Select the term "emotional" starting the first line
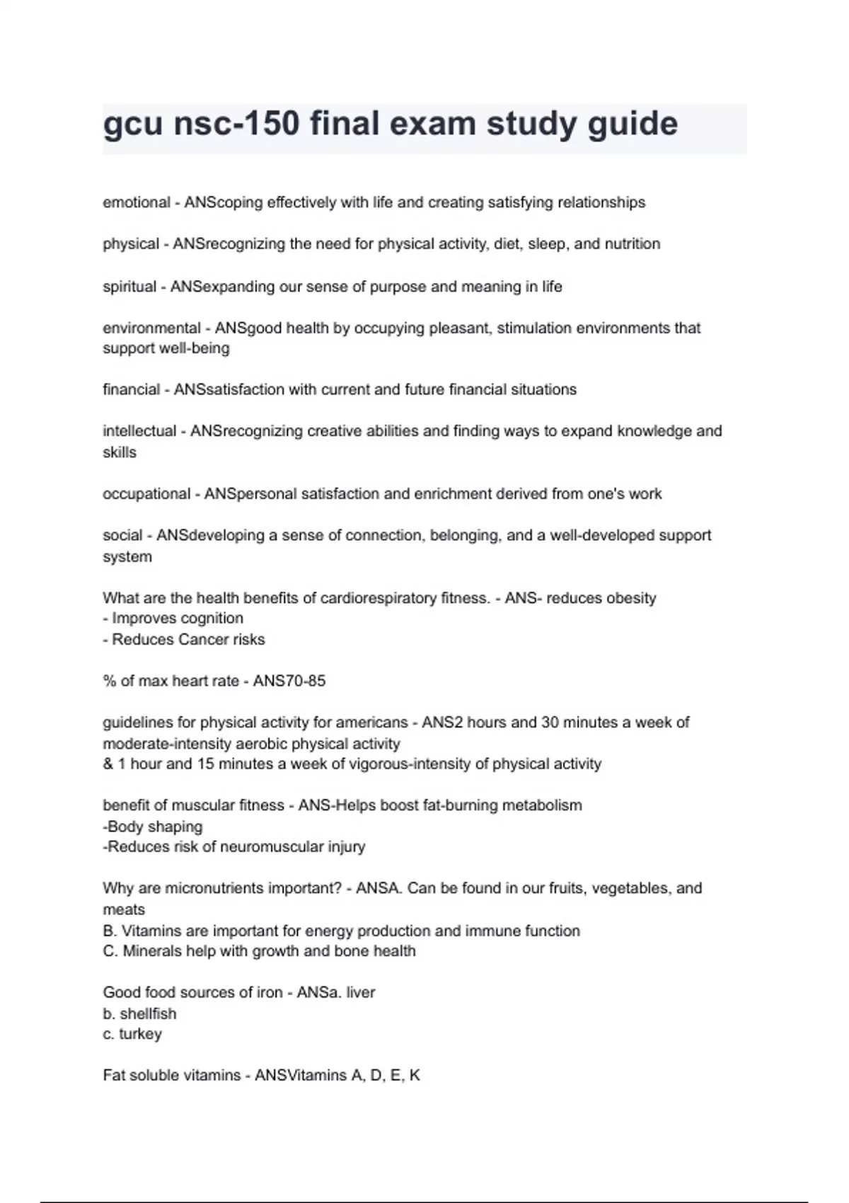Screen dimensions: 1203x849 137,202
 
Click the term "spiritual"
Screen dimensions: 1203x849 129,287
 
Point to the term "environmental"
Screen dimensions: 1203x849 151,328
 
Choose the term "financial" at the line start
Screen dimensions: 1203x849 132,389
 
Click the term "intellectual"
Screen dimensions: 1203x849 139,431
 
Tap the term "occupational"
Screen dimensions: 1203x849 144,493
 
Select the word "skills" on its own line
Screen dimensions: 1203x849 120,452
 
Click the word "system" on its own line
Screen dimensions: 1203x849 127,556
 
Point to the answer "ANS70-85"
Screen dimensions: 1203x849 289,681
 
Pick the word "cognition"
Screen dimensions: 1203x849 210,618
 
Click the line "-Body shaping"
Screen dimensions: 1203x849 153,827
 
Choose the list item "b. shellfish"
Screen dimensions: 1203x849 139,1013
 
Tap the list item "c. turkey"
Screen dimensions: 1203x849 132,1034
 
